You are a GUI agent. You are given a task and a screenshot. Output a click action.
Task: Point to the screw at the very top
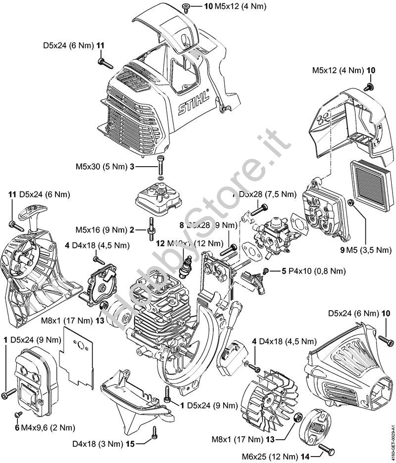[x=186, y=6]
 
